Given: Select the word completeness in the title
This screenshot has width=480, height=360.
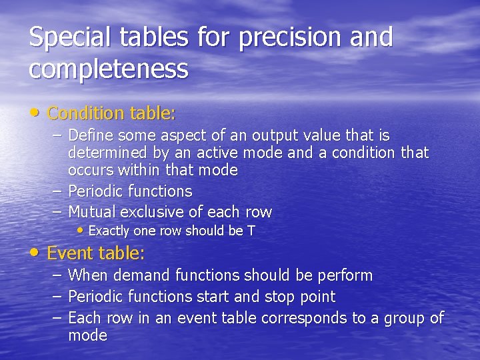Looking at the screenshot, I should (109, 68).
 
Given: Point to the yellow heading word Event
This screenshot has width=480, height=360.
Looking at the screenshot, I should (70, 253).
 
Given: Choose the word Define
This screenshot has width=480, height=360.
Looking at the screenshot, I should (90, 135).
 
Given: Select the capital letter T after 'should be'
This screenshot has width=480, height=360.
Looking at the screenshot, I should (251, 231).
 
